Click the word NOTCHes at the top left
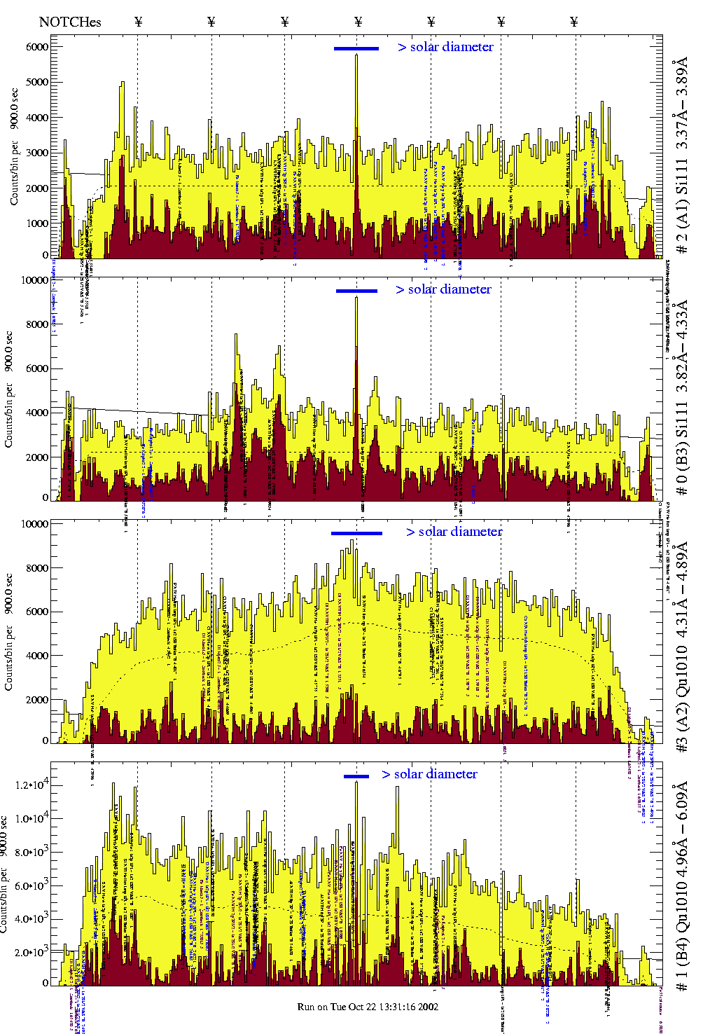(x=70, y=22)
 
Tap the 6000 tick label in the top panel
(x=37, y=47)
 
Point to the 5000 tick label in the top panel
(x=37, y=82)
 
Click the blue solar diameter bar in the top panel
(x=356, y=48)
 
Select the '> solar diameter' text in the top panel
(x=445, y=47)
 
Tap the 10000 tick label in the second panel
(x=35, y=280)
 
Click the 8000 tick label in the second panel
(x=37, y=324)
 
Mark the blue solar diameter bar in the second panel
(x=356, y=291)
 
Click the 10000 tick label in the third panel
(x=35, y=524)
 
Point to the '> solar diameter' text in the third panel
(x=454, y=532)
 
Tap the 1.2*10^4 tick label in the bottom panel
(x=32, y=785)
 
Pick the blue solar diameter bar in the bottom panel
(x=356, y=776)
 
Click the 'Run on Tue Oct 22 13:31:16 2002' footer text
(x=368, y=1007)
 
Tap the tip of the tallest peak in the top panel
(x=356, y=55)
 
